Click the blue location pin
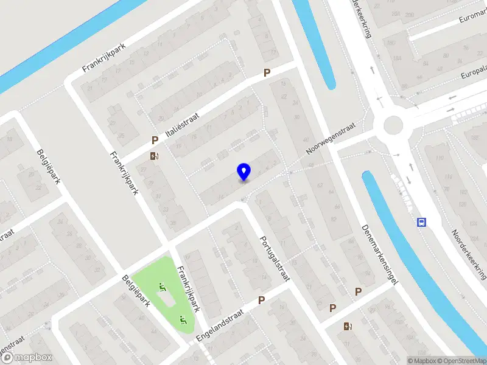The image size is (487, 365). click(244, 172)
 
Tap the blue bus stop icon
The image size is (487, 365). click(421, 222)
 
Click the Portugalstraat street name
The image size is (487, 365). click(275, 259)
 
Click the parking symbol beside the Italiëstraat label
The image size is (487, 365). click(155, 141)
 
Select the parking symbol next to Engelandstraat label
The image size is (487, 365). click(261, 300)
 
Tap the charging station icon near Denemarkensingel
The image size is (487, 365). click(348, 327)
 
